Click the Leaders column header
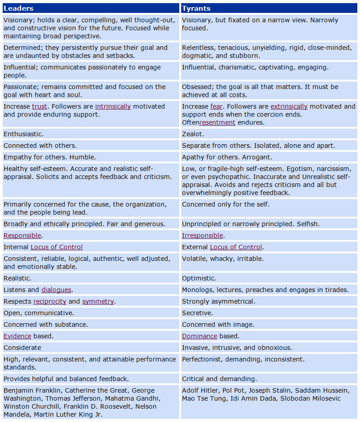click(x=19, y=8)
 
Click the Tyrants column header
click(x=196, y=8)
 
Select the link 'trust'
click(x=39, y=106)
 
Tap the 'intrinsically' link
click(x=113, y=106)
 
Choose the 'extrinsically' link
click(x=289, y=106)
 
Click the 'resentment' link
click(x=217, y=122)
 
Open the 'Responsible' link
click(x=22, y=235)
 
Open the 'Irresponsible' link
click(x=202, y=235)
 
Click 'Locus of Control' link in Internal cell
click(x=57, y=247)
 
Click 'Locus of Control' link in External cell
click(x=236, y=247)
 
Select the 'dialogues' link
click(x=56, y=290)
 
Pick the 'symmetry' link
click(x=98, y=301)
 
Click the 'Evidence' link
click(x=17, y=336)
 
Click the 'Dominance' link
click(x=199, y=336)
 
